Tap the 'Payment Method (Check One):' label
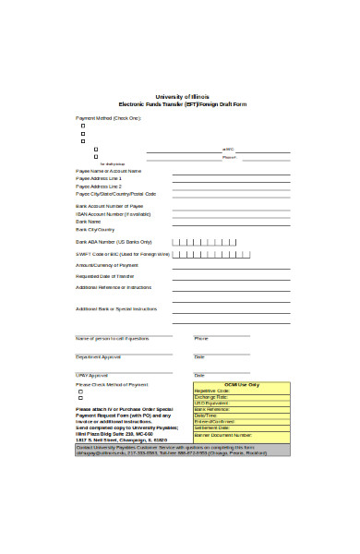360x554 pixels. pos(108,118)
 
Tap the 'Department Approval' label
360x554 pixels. pos(98,356)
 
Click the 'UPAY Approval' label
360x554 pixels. pos(91,375)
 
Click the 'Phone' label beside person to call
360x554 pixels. pos(201,338)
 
